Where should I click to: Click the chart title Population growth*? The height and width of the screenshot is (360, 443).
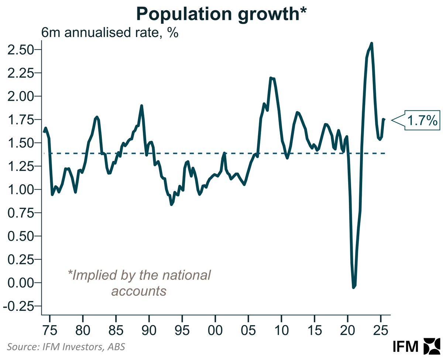pyautogui.click(x=221, y=14)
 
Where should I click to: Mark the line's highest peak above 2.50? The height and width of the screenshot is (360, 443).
pyautogui.click(x=371, y=43)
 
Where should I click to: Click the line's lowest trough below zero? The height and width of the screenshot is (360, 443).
pyautogui.click(x=354, y=287)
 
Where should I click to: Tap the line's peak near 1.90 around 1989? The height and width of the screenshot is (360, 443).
pyautogui.click(x=141, y=106)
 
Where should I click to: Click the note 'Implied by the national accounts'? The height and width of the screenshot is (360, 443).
pyautogui.click(x=139, y=283)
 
